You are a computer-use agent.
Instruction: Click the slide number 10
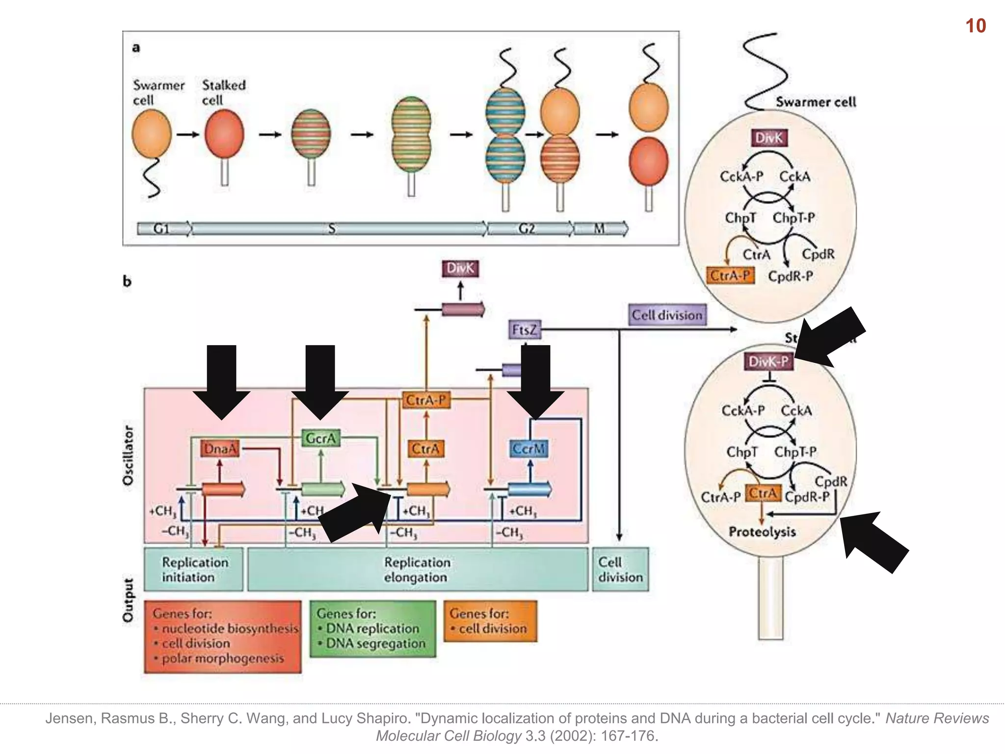pyautogui.click(x=976, y=26)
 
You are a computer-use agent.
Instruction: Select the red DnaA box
pyautogui.click(x=220, y=449)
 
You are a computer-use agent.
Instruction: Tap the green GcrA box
pyautogui.click(x=320, y=438)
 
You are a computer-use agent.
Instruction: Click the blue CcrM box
pyautogui.click(x=529, y=449)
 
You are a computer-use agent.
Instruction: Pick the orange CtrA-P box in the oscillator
pyautogui.click(x=425, y=401)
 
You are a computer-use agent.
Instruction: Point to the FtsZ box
pyautogui.click(x=524, y=329)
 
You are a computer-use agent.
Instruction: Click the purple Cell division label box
pyautogui.click(x=667, y=315)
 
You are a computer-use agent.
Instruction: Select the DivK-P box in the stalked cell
pyautogui.click(x=768, y=362)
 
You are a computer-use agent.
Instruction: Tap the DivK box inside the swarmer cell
pyautogui.click(x=768, y=138)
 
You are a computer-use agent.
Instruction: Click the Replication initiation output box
pyautogui.click(x=194, y=569)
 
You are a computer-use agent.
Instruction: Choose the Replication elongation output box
pyautogui.click(x=417, y=569)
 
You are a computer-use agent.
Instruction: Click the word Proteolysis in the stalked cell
pyautogui.click(x=762, y=532)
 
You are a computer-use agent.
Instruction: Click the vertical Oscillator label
pyautogui.click(x=128, y=456)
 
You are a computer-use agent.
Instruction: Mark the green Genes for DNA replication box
pyautogui.click(x=372, y=629)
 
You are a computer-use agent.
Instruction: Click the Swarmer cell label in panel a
pyautogui.click(x=158, y=92)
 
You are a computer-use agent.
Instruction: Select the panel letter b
pyautogui.click(x=127, y=281)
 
